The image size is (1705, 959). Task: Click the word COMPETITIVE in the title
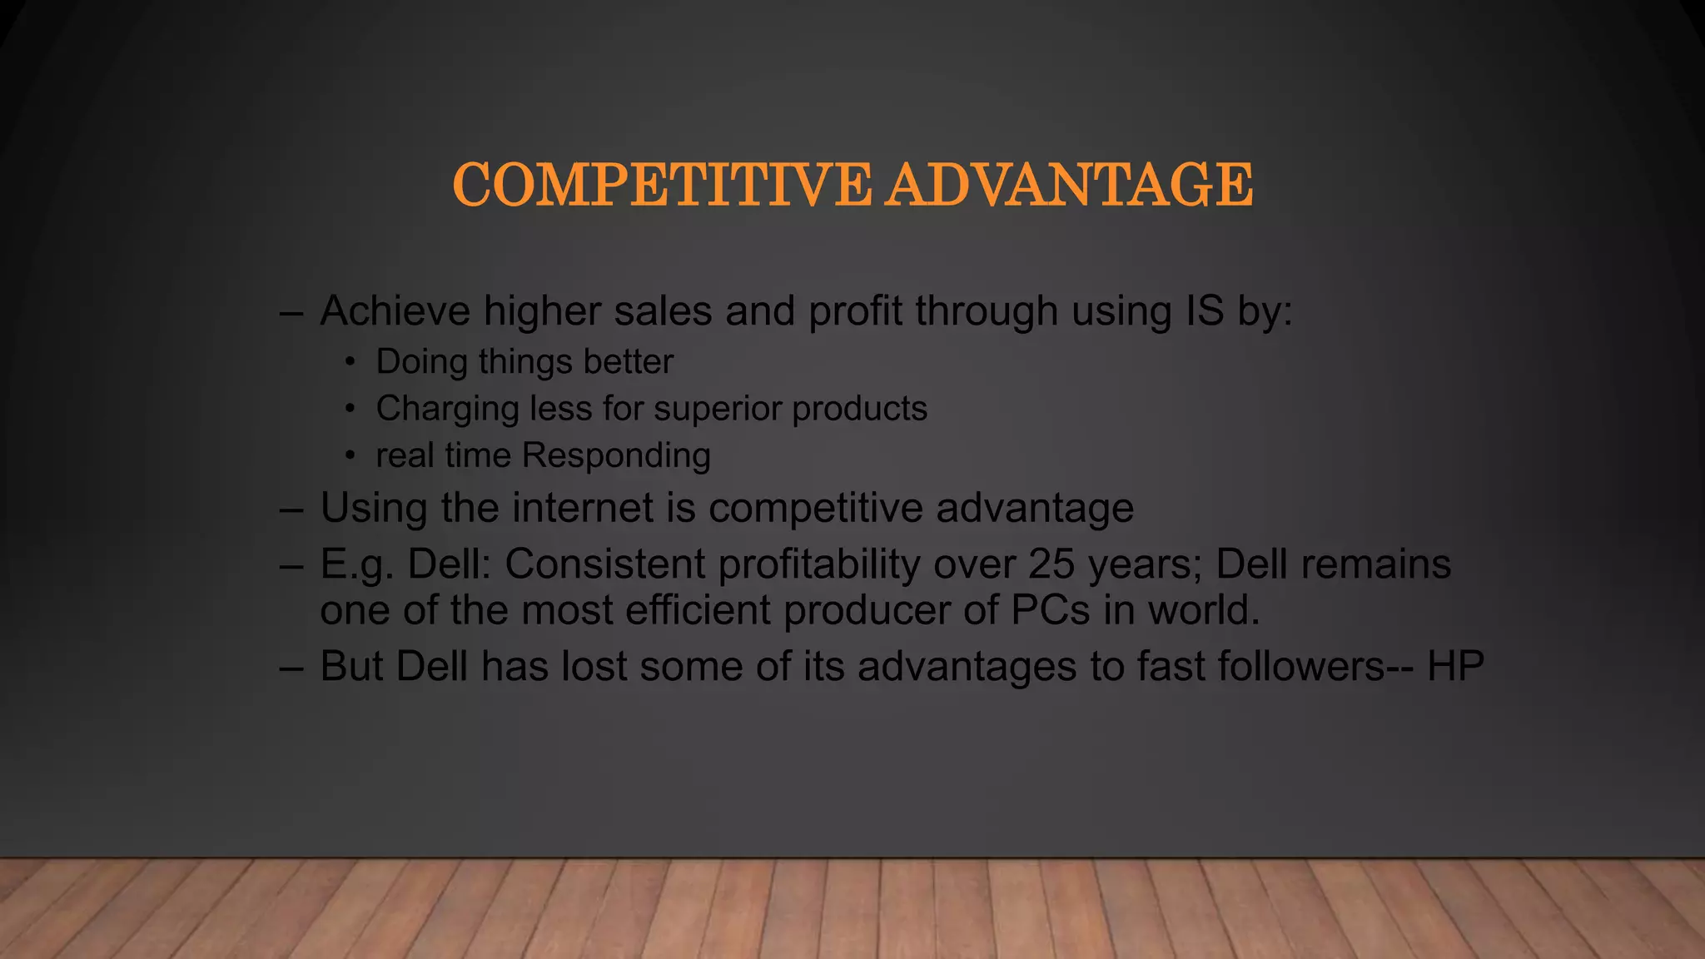(x=662, y=185)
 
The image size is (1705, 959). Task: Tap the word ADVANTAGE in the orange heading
(x=1069, y=185)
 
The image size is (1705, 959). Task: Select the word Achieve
(x=395, y=311)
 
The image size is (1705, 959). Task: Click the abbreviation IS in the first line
(x=1204, y=311)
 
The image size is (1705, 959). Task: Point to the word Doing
(x=421, y=362)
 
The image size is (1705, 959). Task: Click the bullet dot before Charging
(x=350, y=409)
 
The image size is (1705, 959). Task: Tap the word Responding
(x=616, y=456)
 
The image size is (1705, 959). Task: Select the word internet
(x=583, y=508)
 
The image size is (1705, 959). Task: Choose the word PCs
(x=1051, y=610)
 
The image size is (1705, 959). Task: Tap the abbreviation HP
(x=1455, y=667)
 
